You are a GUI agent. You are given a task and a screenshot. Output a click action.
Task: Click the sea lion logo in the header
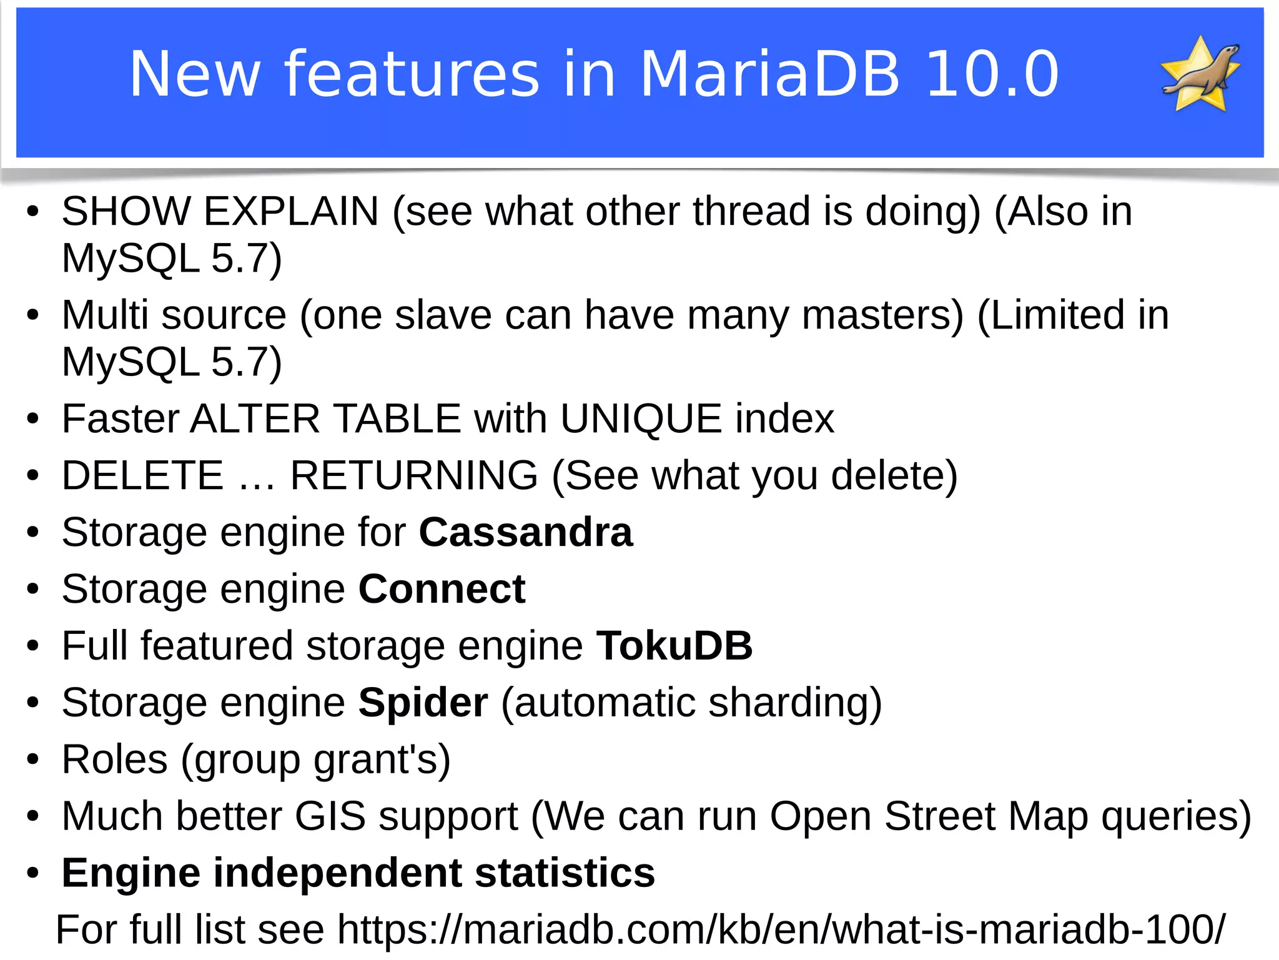(x=1200, y=74)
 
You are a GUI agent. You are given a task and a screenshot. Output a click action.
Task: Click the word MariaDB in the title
(x=769, y=74)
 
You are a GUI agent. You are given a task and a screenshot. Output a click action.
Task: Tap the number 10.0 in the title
(x=992, y=74)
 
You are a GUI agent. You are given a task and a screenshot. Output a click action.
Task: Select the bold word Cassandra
(x=526, y=533)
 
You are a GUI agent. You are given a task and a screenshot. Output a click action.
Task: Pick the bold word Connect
(x=442, y=590)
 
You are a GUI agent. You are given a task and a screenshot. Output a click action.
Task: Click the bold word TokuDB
(x=674, y=646)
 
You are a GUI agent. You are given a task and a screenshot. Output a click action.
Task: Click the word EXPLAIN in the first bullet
(x=291, y=211)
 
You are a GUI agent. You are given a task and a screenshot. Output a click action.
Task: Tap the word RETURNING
(x=414, y=476)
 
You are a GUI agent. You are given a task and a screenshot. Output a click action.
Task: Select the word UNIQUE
(x=641, y=418)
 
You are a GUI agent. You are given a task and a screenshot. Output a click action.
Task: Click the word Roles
(x=115, y=760)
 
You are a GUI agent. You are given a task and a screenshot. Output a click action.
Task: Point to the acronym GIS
(x=330, y=816)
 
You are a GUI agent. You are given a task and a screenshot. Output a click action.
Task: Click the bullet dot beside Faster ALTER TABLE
(x=33, y=419)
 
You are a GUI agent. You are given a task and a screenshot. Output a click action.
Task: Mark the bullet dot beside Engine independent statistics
(x=33, y=874)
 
